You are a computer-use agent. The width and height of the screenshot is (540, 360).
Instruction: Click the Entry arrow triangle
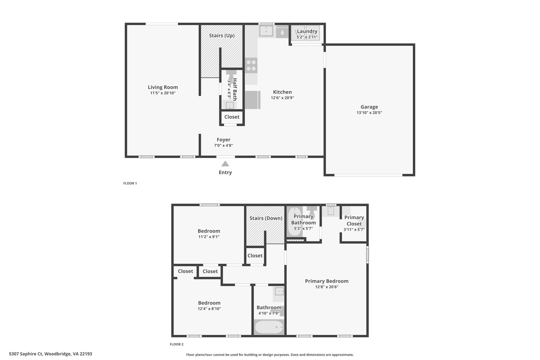coord(225,164)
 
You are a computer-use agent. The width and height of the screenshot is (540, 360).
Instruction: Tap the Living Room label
coord(163,87)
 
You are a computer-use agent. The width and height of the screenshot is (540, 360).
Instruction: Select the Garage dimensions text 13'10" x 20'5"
coord(369,113)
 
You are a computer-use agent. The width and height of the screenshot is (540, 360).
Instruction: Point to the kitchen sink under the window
coord(266,31)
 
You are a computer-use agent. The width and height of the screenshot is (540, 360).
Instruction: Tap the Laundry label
coord(307,31)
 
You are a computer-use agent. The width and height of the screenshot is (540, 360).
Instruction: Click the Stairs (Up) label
coord(222,36)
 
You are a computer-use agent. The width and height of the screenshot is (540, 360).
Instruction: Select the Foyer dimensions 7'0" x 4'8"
coord(223,146)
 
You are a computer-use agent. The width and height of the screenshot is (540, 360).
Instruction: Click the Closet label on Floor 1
coord(232,117)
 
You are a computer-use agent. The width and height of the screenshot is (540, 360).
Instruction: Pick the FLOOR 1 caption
coord(130,183)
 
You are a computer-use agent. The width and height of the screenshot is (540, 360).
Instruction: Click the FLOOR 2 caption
coord(176,344)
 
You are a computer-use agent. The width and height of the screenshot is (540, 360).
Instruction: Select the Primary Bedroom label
coord(327,281)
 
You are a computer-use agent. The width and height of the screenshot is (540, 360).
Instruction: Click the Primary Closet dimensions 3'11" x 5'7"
coord(354,230)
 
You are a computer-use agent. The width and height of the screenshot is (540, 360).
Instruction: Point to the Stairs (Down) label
coord(266,218)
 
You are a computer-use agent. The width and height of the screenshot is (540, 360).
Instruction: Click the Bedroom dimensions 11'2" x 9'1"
coord(209,237)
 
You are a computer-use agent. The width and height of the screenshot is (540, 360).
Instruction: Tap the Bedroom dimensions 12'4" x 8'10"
coord(209,309)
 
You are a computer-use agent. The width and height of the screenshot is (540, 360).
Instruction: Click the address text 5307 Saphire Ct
coord(26,354)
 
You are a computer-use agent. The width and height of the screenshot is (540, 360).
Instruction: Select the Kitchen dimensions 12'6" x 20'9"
coord(282,98)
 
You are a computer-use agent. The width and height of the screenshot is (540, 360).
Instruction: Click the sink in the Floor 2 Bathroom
coord(279,291)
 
